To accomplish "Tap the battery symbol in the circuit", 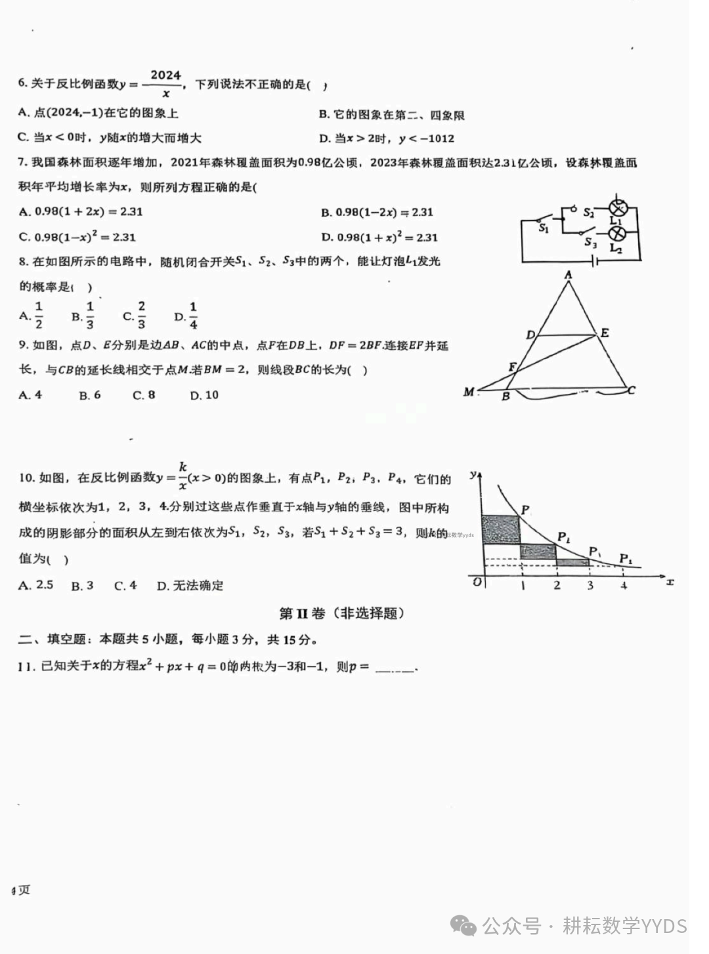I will pyautogui.click(x=595, y=261).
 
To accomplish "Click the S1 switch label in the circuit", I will pyautogui.click(x=544, y=228).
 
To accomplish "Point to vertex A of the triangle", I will pyautogui.click(x=569, y=274).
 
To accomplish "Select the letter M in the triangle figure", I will pyautogui.click(x=469, y=392).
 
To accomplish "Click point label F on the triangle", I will pyautogui.click(x=512, y=368).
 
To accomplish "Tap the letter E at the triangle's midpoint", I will pyautogui.click(x=605, y=332).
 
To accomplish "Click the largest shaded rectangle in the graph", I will pyautogui.click(x=501, y=529).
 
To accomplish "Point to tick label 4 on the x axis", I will pyautogui.click(x=624, y=585).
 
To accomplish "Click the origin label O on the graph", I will pyautogui.click(x=477, y=582).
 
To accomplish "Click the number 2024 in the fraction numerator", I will pyautogui.click(x=165, y=75).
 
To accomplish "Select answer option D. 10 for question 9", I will pyautogui.click(x=204, y=395).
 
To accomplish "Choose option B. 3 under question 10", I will pyautogui.click(x=83, y=586).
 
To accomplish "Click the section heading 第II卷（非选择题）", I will pyautogui.click(x=341, y=613).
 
